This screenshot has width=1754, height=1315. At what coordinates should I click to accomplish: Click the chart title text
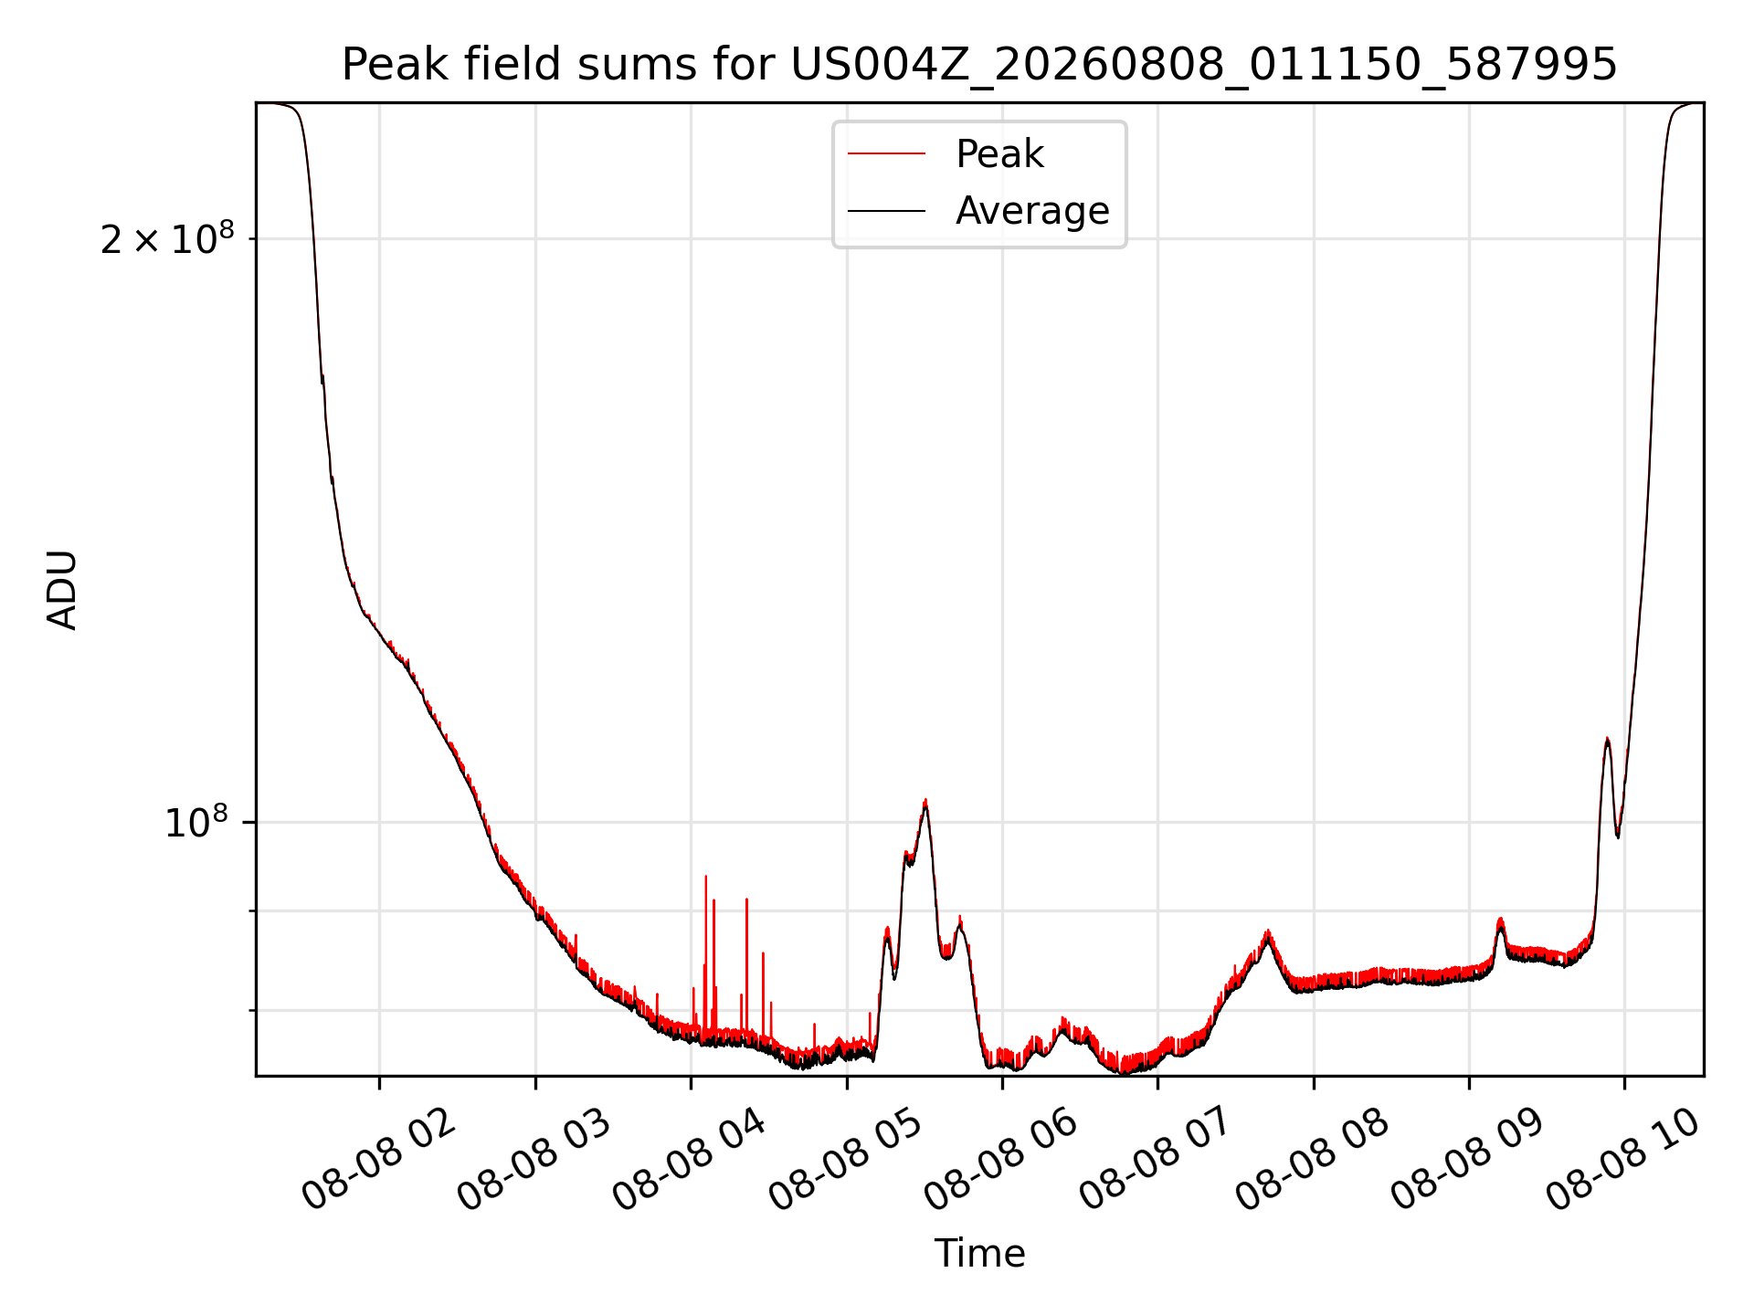(979, 65)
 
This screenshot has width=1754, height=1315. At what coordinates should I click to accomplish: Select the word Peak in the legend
(999, 154)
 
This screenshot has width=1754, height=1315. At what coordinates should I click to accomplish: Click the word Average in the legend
(1032, 211)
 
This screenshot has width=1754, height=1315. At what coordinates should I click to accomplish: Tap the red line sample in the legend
(886, 154)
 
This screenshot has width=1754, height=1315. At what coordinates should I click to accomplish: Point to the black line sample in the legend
(886, 211)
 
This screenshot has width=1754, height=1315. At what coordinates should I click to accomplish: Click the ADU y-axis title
(62, 590)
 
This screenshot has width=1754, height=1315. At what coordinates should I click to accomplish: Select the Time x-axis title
(979, 1254)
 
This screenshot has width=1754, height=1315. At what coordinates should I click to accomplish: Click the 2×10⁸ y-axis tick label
(167, 239)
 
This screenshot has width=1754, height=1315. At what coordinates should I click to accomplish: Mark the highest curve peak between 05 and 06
(925, 802)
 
